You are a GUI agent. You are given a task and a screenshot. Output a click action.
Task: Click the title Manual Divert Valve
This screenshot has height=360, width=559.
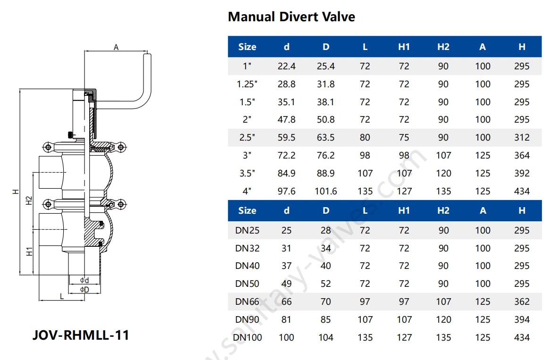click(x=291, y=17)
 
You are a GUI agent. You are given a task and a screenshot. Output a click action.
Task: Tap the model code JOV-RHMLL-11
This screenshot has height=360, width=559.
click(x=80, y=335)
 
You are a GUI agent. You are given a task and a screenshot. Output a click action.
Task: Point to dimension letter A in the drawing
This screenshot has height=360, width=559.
click(x=116, y=47)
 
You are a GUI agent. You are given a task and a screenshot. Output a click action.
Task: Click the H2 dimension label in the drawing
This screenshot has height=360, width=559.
click(x=29, y=200)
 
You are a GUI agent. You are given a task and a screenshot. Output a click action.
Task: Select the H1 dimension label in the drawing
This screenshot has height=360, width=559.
click(x=29, y=251)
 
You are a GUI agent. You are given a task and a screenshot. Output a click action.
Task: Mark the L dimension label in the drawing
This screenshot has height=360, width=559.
click(x=61, y=296)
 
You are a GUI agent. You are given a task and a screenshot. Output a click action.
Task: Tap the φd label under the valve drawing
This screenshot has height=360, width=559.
click(x=85, y=280)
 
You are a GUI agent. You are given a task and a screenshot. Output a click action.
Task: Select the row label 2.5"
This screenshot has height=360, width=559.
click(x=247, y=137)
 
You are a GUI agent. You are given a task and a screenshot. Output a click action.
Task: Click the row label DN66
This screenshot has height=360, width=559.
click(x=247, y=301)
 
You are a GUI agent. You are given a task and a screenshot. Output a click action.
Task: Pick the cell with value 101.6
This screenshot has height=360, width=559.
click(x=326, y=191)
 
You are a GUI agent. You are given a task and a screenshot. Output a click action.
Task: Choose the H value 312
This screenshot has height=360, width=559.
click(x=522, y=137)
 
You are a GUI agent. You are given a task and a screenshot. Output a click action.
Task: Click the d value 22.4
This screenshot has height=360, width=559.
click(x=287, y=67)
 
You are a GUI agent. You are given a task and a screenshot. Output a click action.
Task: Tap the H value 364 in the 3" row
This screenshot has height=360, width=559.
click(x=522, y=155)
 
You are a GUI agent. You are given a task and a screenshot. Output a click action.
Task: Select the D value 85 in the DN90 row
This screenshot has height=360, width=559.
click(x=326, y=319)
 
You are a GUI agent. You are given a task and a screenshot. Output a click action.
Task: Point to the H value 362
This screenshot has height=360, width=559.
click(x=522, y=301)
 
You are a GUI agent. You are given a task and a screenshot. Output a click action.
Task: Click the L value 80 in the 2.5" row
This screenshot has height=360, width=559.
click(x=365, y=137)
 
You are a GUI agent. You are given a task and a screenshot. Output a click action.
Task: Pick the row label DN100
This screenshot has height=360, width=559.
click(x=247, y=337)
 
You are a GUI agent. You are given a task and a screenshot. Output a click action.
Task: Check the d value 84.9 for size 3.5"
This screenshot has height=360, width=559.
click(x=287, y=173)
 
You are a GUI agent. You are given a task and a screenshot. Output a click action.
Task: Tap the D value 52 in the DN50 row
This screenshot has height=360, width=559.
click(x=326, y=284)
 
